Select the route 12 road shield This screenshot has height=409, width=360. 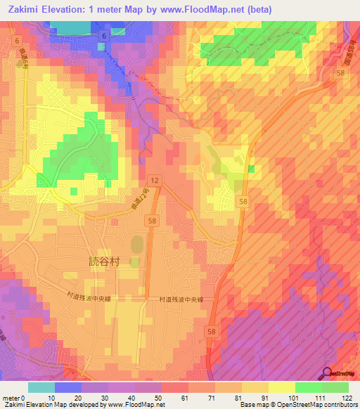(154, 181)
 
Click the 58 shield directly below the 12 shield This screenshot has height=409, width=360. (151, 221)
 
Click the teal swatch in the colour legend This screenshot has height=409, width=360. (41, 387)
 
